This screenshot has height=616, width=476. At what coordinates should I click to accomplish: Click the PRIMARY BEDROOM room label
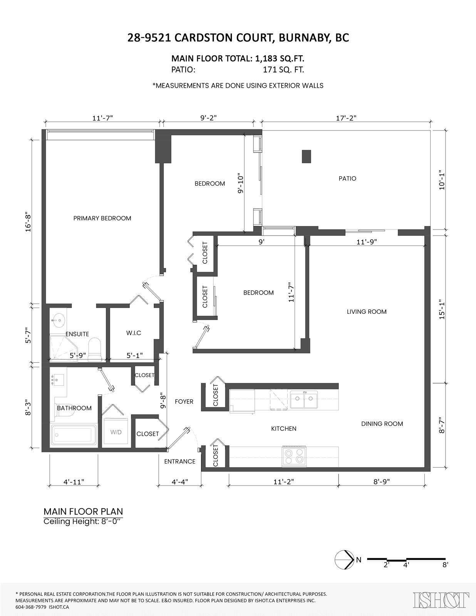(x=102, y=218)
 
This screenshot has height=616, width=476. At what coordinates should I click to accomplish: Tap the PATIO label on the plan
(x=347, y=179)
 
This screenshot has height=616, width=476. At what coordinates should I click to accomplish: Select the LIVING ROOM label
(x=367, y=312)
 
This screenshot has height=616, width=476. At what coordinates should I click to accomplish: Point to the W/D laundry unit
(x=116, y=432)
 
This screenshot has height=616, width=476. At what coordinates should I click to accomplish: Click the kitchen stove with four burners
(x=294, y=456)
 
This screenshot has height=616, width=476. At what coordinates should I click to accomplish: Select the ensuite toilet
(x=95, y=350)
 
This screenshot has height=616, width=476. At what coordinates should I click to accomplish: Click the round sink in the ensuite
(x=59, y=320)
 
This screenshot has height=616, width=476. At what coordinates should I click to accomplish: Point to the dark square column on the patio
(x=306, y=156)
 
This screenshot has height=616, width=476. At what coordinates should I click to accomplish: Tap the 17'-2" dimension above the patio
(x=346, y=118)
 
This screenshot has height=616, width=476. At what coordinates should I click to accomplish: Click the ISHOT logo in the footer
(x=441, y=598)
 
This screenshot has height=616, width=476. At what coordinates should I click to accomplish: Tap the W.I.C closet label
(x=134, y=333)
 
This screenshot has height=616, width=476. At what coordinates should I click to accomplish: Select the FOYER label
(x=184, y=402)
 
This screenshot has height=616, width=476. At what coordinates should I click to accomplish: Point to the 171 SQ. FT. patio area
(x=283, y=70)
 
